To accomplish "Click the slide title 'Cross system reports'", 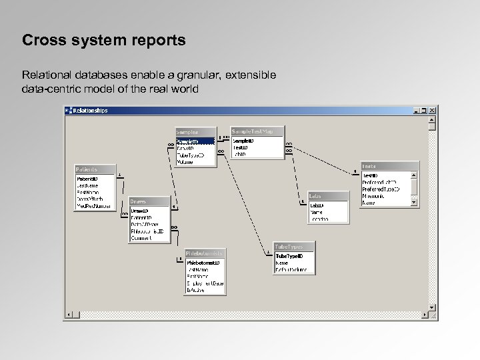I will click(103, 41).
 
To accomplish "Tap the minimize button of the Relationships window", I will click(417, 111).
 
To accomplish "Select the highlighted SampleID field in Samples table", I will click(195, 141).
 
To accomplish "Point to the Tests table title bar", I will click(389, 166).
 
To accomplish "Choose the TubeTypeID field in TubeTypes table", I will click(289, 255).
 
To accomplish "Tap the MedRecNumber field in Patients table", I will click(93, 206).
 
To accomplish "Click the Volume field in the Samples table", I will click(185, 161).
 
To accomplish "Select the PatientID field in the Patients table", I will click(88, 179).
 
